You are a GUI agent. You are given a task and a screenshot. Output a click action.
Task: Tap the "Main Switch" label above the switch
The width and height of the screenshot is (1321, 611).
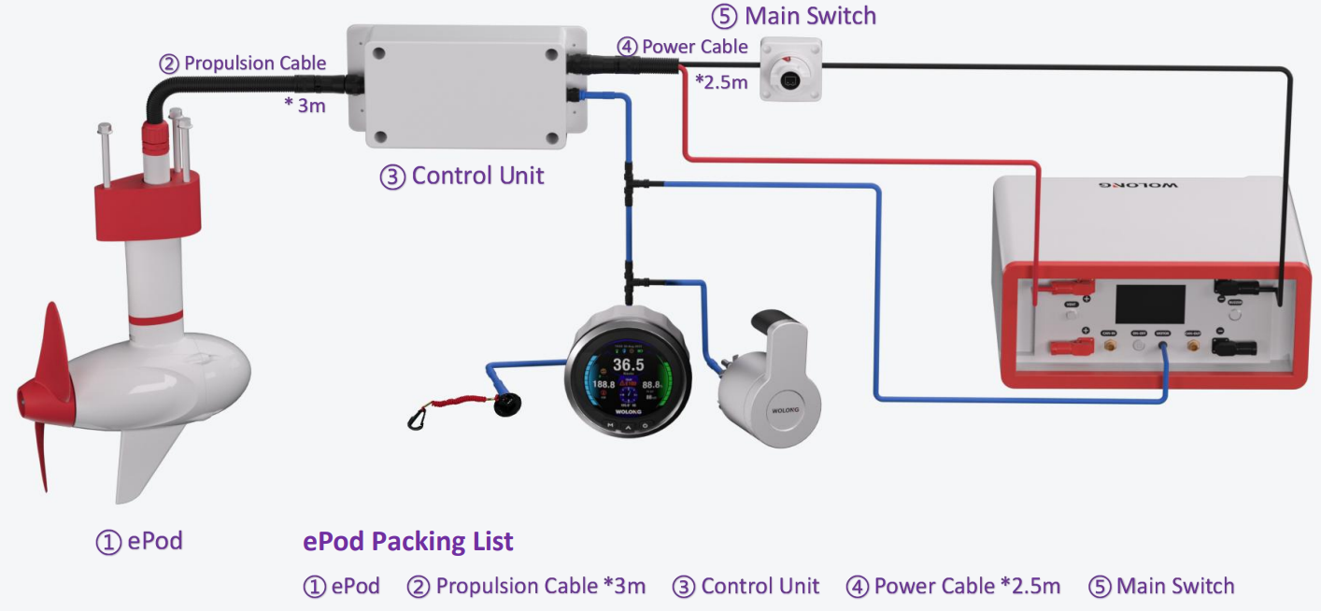(x=807, y=16)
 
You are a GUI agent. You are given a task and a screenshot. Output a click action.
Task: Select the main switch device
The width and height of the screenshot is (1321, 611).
(x=790, y=70)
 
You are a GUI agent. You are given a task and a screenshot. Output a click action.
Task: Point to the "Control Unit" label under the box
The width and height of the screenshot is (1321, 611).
(x=462, y=176)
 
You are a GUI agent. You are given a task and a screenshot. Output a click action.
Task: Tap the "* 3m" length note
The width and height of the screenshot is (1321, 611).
(x=305, y=106)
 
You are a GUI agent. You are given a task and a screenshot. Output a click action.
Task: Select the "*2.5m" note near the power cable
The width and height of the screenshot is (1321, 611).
(x=721, y=82)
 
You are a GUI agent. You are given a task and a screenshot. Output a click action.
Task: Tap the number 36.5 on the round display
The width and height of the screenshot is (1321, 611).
(x=628, y=364)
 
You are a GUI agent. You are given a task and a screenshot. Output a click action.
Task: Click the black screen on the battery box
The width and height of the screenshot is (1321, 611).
(x=1150, y=305)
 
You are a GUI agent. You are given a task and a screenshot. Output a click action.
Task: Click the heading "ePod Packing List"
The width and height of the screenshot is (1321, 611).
(x=408, y=541)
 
